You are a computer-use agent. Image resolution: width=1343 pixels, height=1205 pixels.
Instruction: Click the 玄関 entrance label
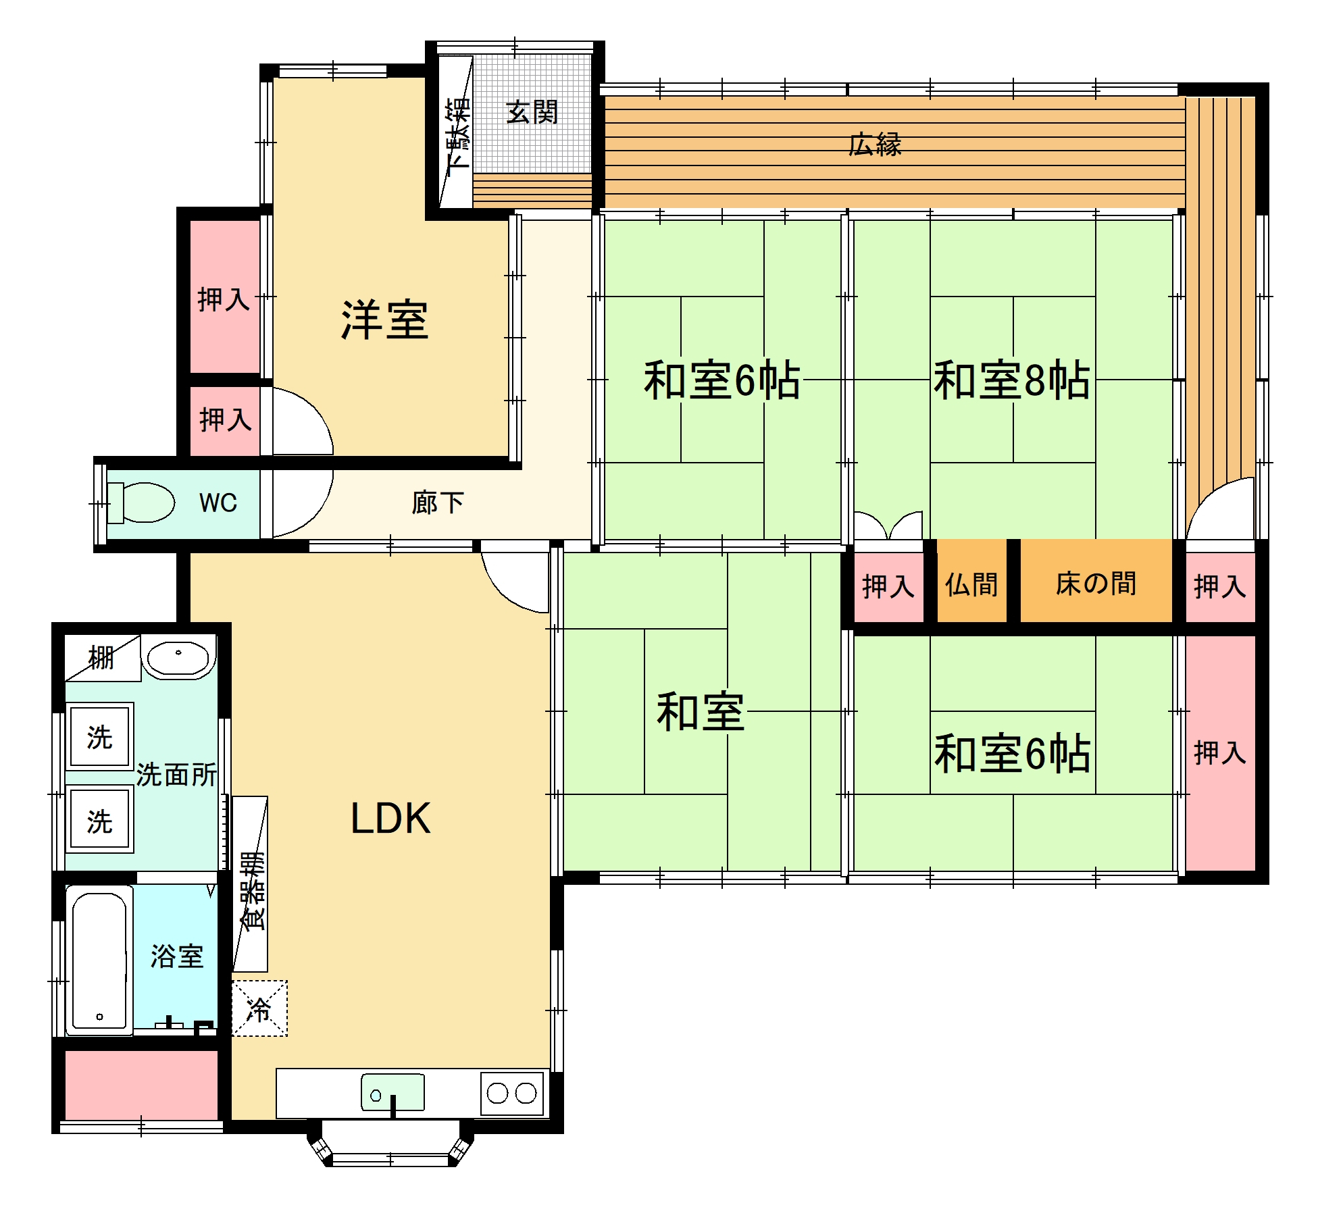532,112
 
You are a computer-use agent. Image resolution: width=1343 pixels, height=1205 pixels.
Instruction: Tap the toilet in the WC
141,503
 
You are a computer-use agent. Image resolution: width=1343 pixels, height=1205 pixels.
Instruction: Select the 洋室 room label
384,319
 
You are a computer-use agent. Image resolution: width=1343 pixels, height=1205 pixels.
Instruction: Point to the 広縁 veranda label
875,145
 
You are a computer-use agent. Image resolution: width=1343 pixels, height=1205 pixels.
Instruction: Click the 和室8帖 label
1011,380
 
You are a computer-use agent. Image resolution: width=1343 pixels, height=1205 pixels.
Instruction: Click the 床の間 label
1096,584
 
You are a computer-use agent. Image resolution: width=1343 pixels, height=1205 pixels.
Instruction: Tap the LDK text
390,819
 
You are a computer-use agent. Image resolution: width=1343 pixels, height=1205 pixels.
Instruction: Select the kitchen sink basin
393,1092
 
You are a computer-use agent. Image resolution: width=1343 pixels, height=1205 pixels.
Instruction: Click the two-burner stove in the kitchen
512,1093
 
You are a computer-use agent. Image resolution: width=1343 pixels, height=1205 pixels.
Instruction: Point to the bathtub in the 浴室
99,960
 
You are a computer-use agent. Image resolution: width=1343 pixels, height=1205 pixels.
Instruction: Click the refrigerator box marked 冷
259,1008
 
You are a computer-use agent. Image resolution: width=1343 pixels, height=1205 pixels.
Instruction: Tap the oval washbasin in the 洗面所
178,659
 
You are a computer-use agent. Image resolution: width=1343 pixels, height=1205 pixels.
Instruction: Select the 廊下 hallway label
438,503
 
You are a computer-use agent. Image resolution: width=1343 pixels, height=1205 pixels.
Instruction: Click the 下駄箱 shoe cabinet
456,132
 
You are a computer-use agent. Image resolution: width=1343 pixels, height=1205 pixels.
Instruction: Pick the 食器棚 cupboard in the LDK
250,884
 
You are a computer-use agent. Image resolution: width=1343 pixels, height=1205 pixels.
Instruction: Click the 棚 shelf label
101,657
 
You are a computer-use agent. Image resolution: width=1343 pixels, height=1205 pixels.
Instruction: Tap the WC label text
218,503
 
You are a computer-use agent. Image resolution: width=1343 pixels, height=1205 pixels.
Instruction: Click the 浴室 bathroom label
177,956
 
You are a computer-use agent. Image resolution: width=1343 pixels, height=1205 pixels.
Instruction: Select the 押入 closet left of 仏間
889,586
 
